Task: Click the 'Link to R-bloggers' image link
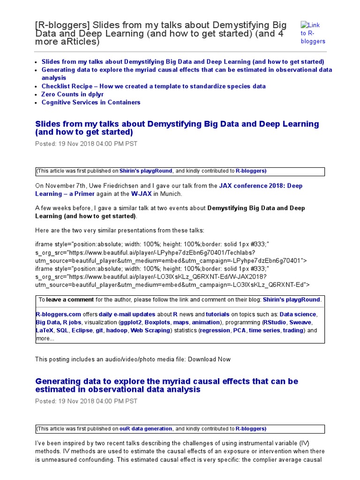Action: (x=313, y=33)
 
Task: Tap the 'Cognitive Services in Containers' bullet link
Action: (x=90, y=102)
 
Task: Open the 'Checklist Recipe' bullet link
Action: (x=153, y=86)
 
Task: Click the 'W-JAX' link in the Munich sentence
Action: (x=142, y=194)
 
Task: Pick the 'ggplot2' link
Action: (x=130, y=322)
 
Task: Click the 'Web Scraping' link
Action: (x=150, y=330)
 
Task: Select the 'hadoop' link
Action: (x=117, y=330)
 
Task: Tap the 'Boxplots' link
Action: (x=157, y=322)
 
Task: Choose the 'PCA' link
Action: (x=239, y=330)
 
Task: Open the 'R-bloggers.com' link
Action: (x=59, y=314)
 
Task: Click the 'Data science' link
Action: (x=298, y=314)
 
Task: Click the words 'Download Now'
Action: (x=210, y=359)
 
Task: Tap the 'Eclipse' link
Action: (x=82, y=330)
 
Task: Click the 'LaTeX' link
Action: (x=45, y=330)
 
